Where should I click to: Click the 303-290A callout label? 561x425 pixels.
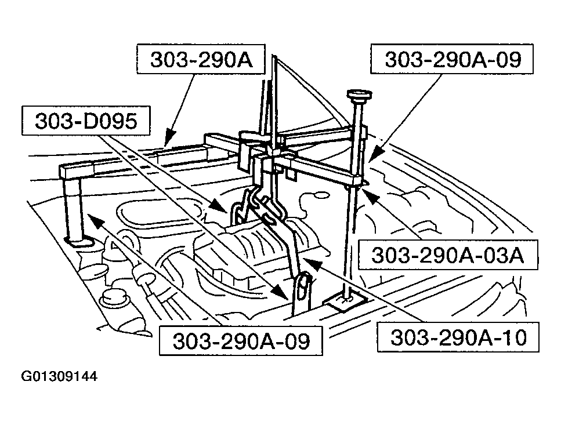pyautogui.click(x=201, y=60)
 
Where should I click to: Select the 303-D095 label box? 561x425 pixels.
pyautogui.click(x=85, y=121)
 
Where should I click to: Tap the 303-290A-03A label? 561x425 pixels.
pyautogui.click(x=447, y=255)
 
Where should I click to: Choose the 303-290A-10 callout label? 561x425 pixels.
pyautogui.click(x=459, y=337)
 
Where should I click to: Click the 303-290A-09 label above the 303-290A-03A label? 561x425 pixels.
pyautogui.click(x=453, y=59)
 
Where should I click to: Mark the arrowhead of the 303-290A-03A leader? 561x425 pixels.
pyautogui.click(x=368, y=195)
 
